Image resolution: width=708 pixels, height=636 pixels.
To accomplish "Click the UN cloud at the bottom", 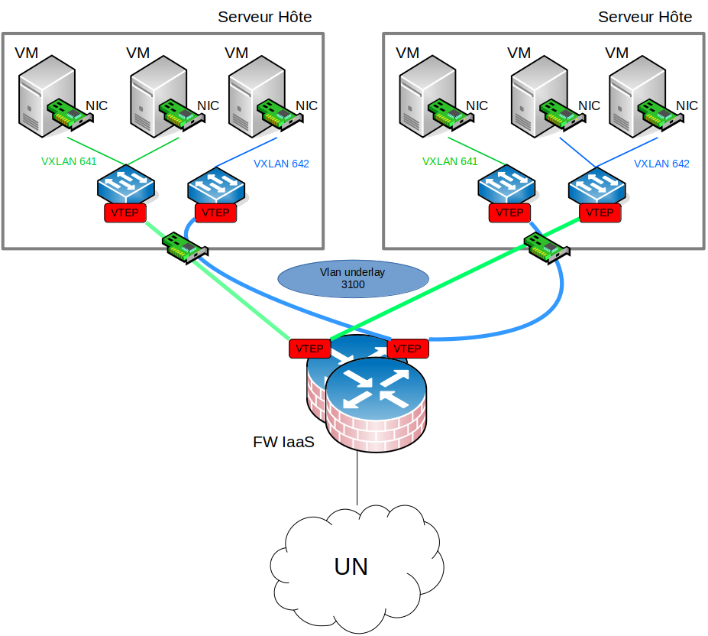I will pyautogui.click(x=356, y=567).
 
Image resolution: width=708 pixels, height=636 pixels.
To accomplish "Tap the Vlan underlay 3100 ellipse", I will pyautogui.click(x=354, y=278).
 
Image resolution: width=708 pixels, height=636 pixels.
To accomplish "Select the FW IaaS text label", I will pyautogui.click(x=283, y=442).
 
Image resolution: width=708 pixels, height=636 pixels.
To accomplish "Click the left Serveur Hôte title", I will pyautogui.click(x=264, y=17).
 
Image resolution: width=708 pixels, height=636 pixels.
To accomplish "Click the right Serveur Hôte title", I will pyautogui.click(x=645, y=17).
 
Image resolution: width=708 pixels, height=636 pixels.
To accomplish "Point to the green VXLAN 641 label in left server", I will pyautogui.click(x=69, y=161).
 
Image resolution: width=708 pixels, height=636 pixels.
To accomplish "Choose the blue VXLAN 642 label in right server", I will pyautogui.click(x=661, y=164).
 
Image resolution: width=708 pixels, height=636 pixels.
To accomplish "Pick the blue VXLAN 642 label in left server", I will pyautogui.click(x=281, y=164).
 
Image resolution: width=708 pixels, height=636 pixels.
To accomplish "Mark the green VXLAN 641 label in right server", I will pyautogui.click(x=450, y=161).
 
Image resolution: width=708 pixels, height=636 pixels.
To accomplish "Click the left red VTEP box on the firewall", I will pyautogui.click(x=309, y=349).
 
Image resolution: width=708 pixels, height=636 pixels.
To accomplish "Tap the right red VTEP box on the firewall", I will pyautogui.click(x=408, y=349).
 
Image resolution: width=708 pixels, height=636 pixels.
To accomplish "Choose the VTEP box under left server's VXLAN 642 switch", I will pyautogui.click(x=216, y=213).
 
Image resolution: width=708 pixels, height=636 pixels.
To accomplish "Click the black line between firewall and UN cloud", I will pyautogui.click(x=357, y=479).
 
